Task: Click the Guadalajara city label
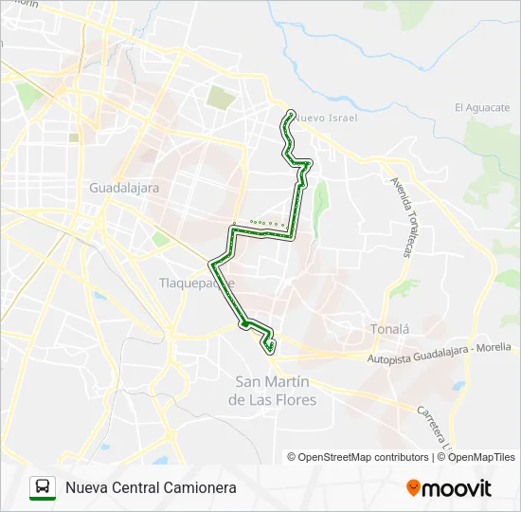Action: (124, 188)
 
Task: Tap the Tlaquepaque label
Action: (196, 283)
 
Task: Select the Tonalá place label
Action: (388, 329)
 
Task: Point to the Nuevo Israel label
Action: (326, 118)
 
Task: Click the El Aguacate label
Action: (482, 107)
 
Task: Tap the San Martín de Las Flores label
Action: (273, 391)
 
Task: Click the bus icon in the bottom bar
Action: (43, 487)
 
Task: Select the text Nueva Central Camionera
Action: (151, 487)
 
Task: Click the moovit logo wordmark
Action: (457, 488)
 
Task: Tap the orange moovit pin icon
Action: (413, 488)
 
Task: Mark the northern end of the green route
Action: (290, 113)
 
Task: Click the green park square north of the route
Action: (221, 97)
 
